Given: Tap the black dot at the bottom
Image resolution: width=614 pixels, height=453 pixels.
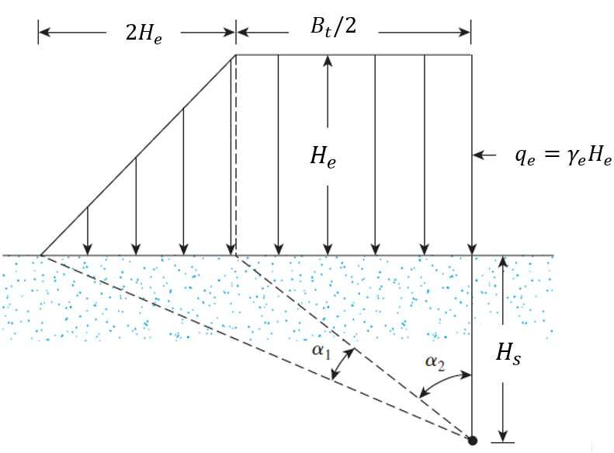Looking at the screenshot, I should (x=471, y=441).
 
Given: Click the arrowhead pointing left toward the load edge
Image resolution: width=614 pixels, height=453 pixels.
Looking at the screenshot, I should (x=479, y=156).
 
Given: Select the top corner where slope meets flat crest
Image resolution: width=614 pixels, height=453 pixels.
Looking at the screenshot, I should (x=236, y=54).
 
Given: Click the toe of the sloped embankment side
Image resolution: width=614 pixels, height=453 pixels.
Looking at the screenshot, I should (x=40, y=254).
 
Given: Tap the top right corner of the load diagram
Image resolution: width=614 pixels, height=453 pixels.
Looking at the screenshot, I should (x=471, y=54).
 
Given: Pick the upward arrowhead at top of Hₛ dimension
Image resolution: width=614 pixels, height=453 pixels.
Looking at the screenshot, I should (x=503, y=261).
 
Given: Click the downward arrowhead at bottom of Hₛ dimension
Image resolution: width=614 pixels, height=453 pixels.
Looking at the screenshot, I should (x=503, y=435).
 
